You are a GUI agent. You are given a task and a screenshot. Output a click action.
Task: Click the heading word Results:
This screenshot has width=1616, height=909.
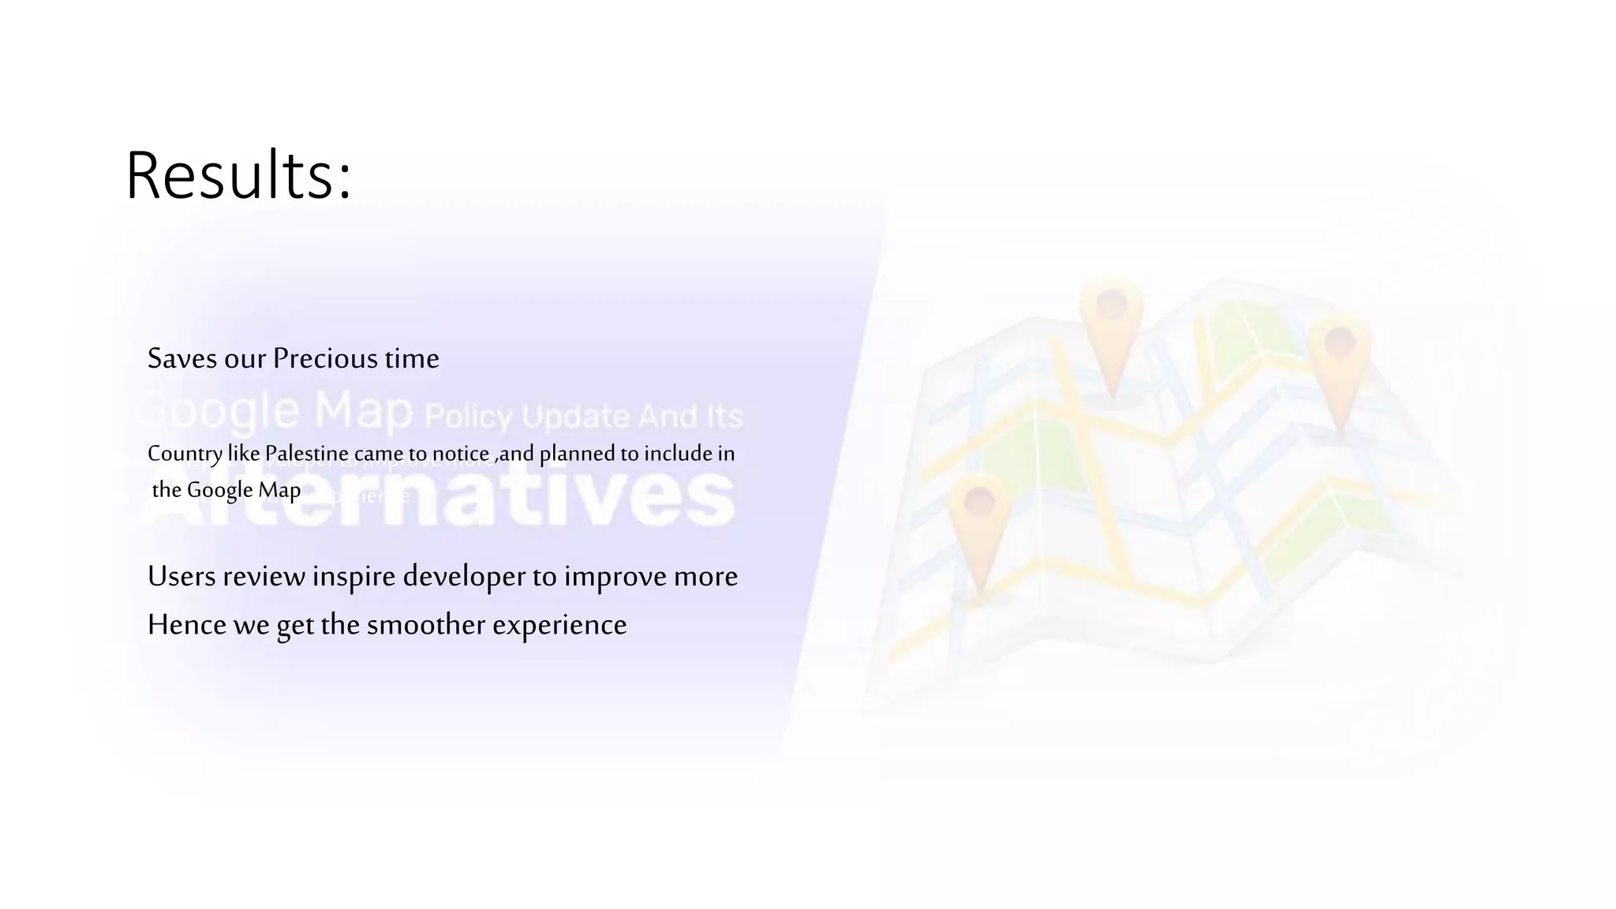click(x=238, y=175)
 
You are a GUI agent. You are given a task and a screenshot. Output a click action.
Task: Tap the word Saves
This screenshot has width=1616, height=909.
click(x=182, y=359)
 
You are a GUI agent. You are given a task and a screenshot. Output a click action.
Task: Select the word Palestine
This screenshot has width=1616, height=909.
click(x=306, y=454)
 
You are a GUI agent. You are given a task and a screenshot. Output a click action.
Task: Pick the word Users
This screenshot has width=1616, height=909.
click(x=182, y=577)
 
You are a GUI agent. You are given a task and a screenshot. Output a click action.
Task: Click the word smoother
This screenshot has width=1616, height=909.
click(x=426, y=625)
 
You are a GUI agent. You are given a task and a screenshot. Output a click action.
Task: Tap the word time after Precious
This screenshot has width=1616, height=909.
click(x=412, y=359)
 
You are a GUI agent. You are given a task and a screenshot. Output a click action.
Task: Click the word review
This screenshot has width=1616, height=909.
click(x=264, y=577)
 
